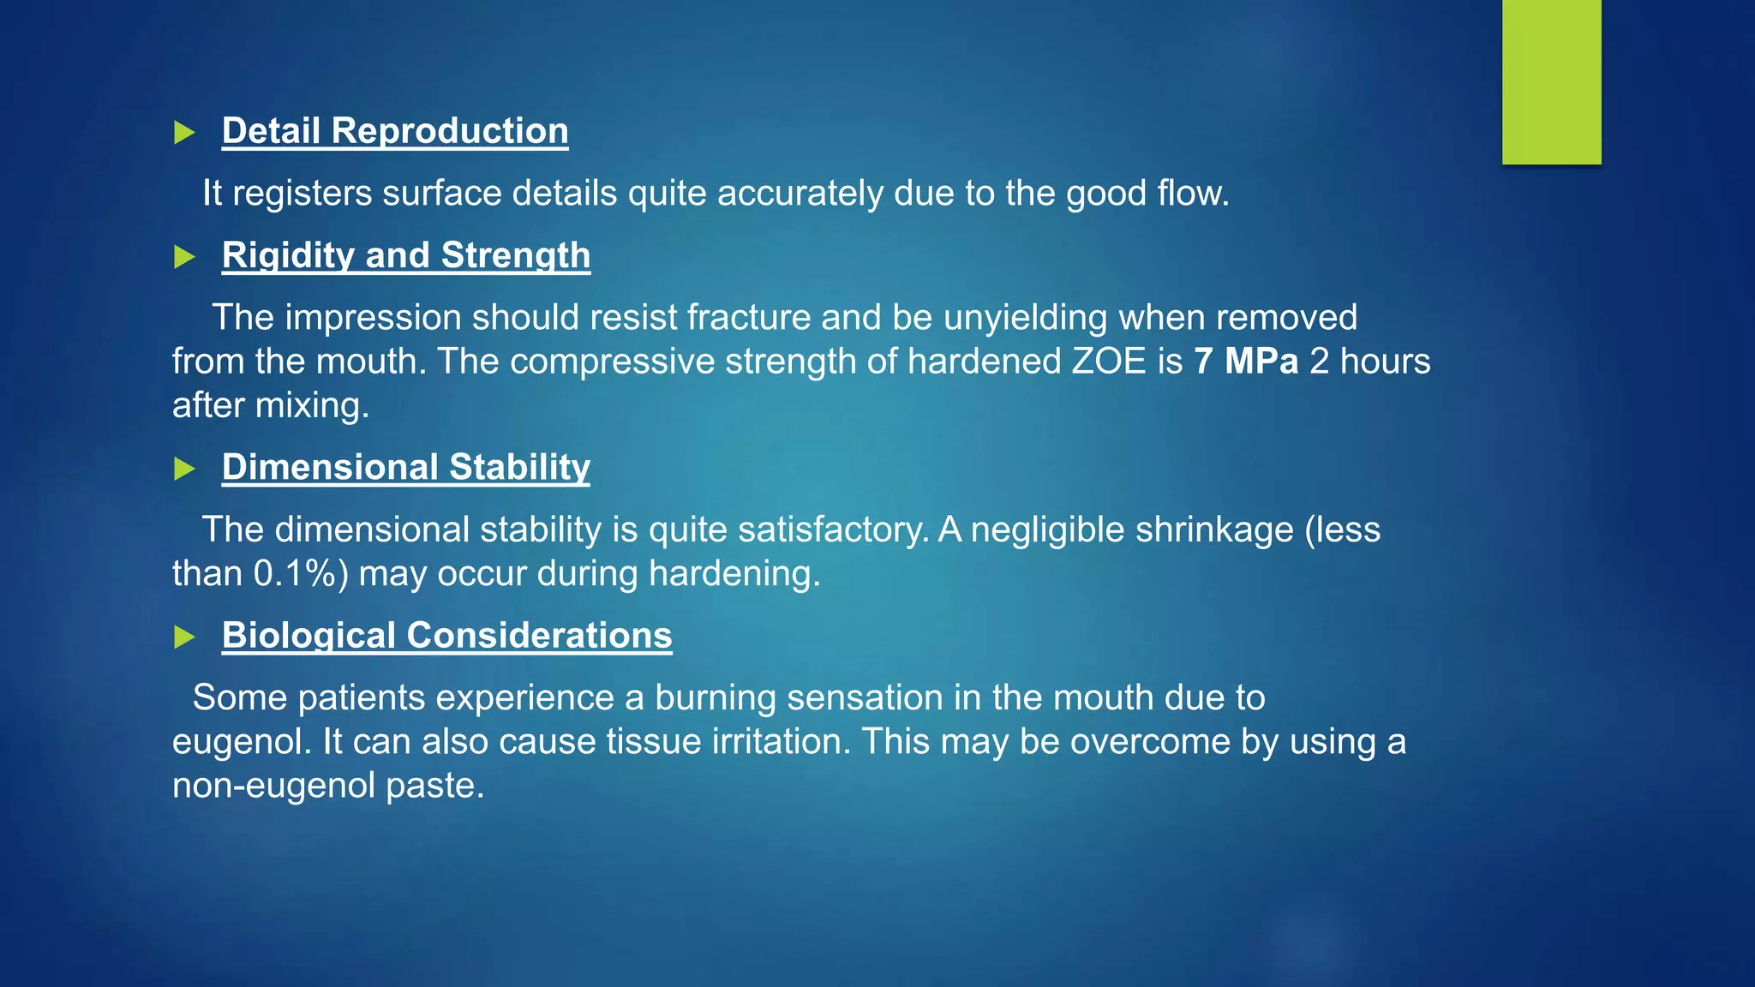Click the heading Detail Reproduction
point(395,131)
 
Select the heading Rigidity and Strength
point(406,255)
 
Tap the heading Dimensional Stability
point(406,467)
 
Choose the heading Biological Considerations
point(446,635)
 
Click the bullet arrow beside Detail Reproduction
point(184,132)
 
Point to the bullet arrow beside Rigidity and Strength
point(184,256)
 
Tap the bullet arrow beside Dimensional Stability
point(184,468)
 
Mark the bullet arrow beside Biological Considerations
point(184,636)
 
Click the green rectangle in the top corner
point(1551,81)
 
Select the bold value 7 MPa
point(1246,361)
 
